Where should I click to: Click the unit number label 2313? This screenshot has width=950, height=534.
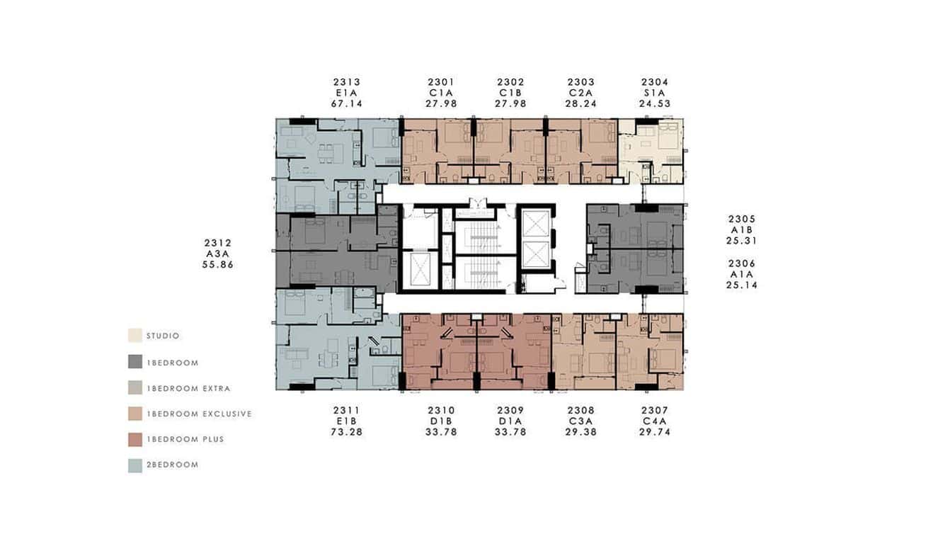point(346,82)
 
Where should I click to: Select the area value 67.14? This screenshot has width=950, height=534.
point(346,103)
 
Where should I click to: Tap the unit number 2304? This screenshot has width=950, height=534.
point(654,82)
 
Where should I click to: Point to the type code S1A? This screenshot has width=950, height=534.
point(654,93)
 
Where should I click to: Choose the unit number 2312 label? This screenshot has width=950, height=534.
point(218,243)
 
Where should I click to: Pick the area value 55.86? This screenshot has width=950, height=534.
point(218,264)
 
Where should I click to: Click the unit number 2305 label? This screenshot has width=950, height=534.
point(742,219)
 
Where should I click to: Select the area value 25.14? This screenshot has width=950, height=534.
point(742,285)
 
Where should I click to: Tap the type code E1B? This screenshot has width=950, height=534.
point(347,421)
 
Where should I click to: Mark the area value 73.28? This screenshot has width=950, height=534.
point(347,432)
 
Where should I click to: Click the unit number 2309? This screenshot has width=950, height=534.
point(511,411)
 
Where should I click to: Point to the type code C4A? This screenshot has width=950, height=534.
point(654,421)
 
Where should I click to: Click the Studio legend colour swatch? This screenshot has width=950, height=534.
point(135,336)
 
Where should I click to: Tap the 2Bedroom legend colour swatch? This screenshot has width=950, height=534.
point(135,465)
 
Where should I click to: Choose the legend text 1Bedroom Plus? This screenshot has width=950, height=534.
point(185,440)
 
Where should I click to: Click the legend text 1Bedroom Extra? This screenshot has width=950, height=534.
point(188,389)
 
